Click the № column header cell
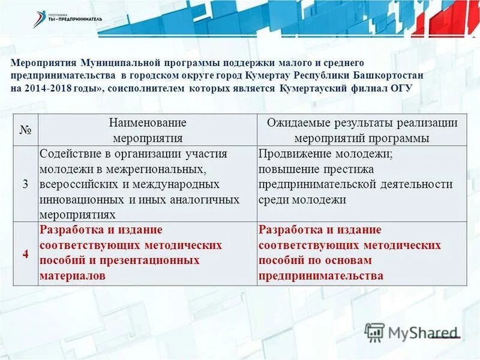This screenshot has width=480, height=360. (25, 130)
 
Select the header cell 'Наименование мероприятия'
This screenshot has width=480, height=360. (148, 130)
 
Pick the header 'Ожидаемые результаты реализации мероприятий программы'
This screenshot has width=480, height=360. (362, 130)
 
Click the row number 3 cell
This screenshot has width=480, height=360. (25, 184)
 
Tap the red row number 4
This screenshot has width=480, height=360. (25, 253)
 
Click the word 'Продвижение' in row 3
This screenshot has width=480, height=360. (289, 153)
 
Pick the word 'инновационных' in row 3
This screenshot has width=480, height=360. (74, 199)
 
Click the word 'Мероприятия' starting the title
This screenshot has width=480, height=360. (39, 63)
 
